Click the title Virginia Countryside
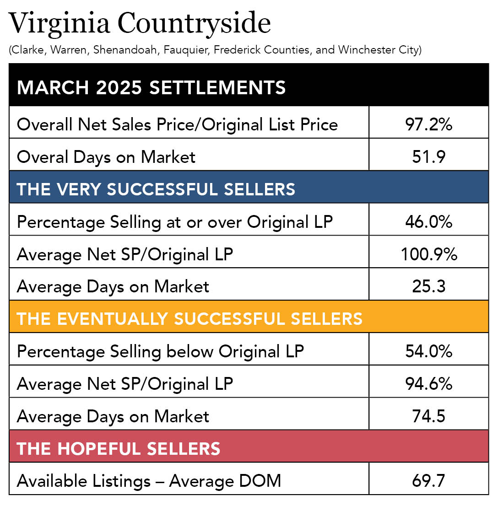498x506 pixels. (140, 24)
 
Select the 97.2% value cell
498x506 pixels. (428, 124)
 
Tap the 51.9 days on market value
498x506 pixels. (428, 157)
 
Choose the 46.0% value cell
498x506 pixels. (428, 222)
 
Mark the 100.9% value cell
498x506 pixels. (428, 254)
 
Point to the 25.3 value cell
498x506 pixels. (428, 287)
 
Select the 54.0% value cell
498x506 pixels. (428, 351)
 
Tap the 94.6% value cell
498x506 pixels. (428, 384)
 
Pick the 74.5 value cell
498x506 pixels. (428, 416)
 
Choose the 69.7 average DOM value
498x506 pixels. (428, 481)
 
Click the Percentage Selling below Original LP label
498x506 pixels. (160, 351)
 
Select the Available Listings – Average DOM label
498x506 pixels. (149, 481)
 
